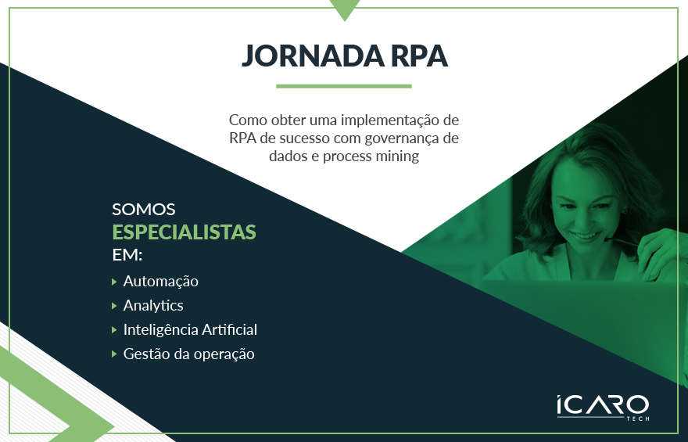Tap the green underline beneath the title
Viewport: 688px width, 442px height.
(344, 86)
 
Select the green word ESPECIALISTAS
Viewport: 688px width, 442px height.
(185, 232)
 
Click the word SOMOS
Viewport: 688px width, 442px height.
(144, 210)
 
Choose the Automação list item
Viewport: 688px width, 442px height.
(161, 281)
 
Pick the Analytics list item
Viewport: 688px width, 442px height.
(153, 305)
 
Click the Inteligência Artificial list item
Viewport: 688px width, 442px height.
(190, 329)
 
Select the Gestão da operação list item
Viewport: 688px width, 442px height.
(189, 354)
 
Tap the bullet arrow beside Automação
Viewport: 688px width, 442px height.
(115, 281)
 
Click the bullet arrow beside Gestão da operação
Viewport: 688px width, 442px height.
(115, 354)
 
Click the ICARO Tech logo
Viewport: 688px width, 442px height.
(603, 407)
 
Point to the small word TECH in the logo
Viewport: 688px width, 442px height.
(638, 419)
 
